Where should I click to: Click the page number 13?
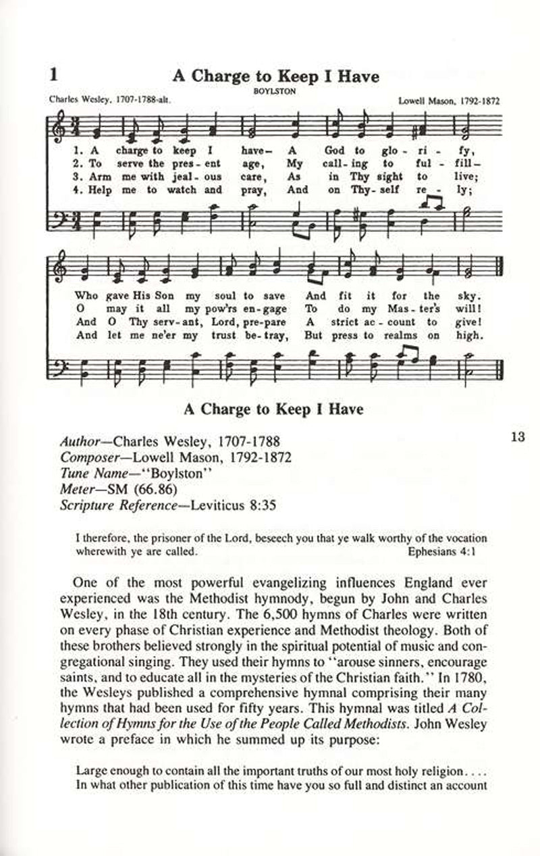[518, 436]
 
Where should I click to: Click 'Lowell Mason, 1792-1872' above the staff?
[454, 100]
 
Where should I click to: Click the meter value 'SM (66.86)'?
[138, 488]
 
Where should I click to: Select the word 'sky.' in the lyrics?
[473, 296]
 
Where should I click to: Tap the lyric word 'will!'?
[473, 309]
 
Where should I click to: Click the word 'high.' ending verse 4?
[472, 335]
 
